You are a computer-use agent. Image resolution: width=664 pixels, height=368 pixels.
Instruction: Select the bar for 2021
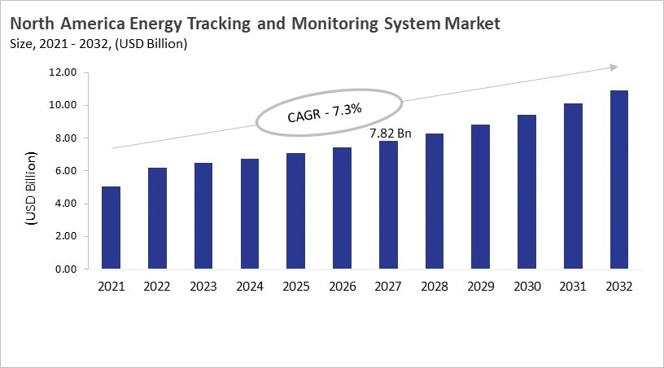pyautogui.click(x=111, y=228)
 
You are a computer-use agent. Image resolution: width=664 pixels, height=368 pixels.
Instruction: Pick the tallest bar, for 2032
pyautogui.click(x=619, y=180)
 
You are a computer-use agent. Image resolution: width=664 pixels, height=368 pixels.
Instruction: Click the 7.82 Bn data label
pyautogui.click(x=391, y=133)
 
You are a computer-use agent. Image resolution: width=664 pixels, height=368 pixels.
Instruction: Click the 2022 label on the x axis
pyautogui.click(x=157, y=287)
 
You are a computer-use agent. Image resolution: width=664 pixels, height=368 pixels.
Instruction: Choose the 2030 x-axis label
pyautogui.click(x=526, y=287)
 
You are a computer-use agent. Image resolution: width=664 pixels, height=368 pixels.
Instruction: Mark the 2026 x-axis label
pyautogui.click(x=342, y=287)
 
